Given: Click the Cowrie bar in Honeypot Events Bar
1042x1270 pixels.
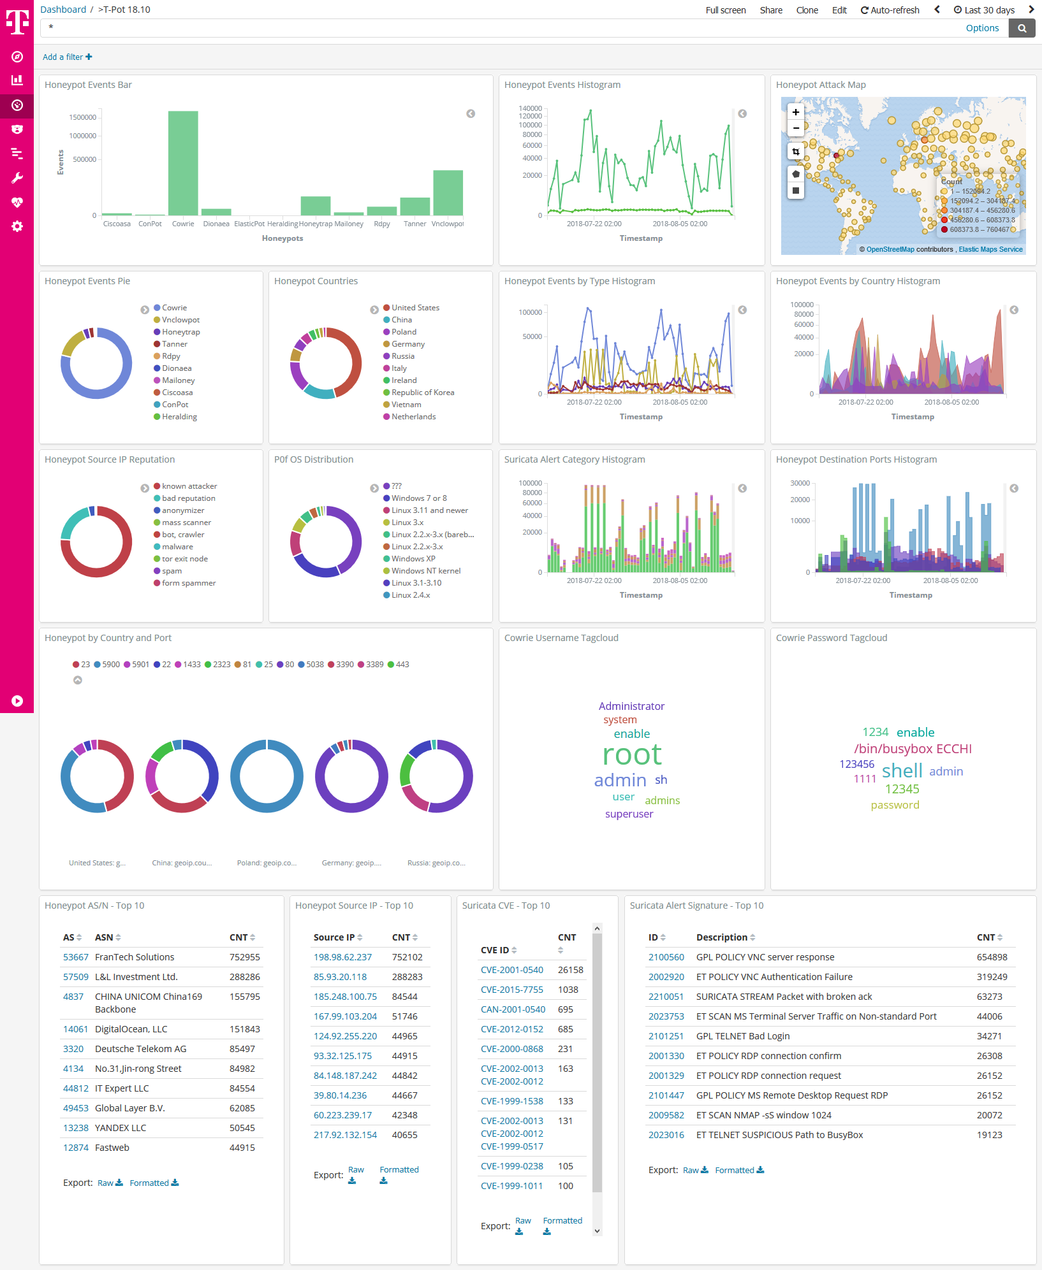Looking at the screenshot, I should point(183,163).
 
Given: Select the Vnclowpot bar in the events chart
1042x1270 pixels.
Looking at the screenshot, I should point(448,192).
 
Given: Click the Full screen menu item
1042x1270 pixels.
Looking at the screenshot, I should point(725,10).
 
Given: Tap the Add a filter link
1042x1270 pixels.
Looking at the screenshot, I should point(67,57).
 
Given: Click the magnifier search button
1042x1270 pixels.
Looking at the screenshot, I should point(1022,28).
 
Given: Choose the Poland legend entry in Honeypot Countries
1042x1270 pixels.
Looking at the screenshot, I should point(404,332).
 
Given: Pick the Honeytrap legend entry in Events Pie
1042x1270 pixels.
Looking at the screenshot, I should point(180,332).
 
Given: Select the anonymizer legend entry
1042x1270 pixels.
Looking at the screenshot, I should point(183,510).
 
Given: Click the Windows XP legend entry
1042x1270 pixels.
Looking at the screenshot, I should point(413,559).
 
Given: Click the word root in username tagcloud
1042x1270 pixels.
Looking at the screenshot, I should point(632,755).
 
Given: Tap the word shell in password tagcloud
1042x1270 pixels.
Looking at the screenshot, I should point(902,771).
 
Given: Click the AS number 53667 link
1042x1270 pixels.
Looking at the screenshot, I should point(76,957).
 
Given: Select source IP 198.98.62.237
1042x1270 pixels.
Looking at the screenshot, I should point(342,957).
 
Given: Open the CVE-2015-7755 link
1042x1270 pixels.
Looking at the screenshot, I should point(512,990).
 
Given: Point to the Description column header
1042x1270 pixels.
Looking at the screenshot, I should point(721,937).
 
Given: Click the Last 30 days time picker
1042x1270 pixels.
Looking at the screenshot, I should point(984,10).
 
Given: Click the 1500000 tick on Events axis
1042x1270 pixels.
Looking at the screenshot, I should point(83,117).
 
